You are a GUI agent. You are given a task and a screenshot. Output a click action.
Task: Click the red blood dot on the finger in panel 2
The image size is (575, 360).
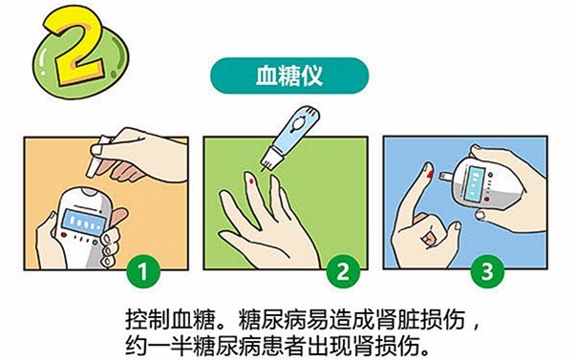[251, 177]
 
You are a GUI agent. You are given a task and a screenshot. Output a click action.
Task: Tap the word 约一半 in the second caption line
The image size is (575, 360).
[154, 341]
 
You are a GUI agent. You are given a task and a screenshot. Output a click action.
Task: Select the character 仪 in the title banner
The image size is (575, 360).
[315, 74]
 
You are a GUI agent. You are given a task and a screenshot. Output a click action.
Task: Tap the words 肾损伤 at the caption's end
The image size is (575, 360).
[394, 341]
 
